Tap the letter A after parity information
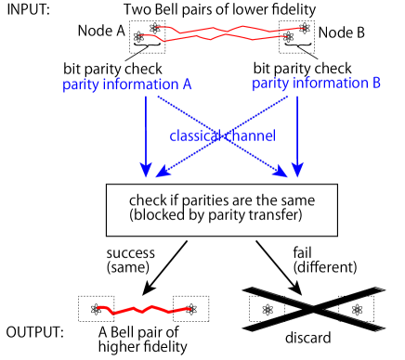point(187,84)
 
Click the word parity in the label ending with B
point(269,84)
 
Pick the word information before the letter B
point(328,84)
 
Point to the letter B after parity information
point(376,83)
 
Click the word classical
point(193,136)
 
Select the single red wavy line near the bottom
point(144,309)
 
